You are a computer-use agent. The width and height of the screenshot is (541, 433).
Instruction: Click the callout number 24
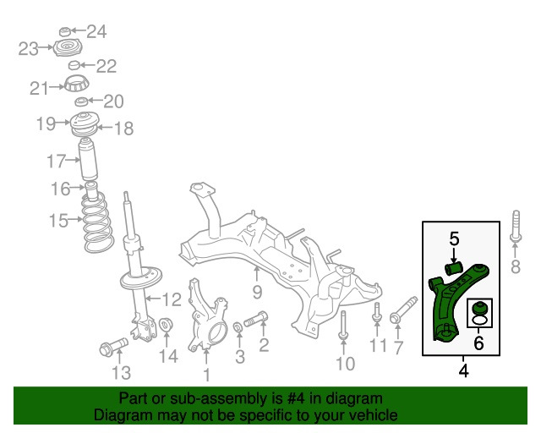tap(96, 31)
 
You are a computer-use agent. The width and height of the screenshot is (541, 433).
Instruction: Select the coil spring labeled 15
tap(98, 222)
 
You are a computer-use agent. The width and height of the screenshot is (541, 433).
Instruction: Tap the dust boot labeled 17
tap(88, 159)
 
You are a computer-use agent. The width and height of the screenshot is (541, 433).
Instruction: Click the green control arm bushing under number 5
tap(453, 268)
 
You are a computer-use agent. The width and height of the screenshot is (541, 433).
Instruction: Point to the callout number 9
tap(257, 292)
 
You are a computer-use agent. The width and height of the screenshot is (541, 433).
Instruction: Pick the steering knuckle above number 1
tap(207, 315)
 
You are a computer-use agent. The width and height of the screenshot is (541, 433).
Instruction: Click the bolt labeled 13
tap(113, 347)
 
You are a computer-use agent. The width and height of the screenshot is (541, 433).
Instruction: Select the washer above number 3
tap(238, 326)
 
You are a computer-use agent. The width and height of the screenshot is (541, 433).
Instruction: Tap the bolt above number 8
tap(516, 227)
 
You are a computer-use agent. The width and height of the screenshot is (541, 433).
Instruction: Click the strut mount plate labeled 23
tap(68, 48)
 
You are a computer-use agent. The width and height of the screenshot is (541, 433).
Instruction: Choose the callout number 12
tap(172, 299)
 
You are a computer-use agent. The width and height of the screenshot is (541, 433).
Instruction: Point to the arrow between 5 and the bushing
tap(454, 255)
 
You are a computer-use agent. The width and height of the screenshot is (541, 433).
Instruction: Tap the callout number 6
tap(478, 343)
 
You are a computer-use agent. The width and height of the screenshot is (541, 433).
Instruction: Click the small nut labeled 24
tap(64, 32)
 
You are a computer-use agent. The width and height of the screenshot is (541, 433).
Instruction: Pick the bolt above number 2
tap(255, 320)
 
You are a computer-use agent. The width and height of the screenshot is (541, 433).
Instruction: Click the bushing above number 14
tap(166, 324)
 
